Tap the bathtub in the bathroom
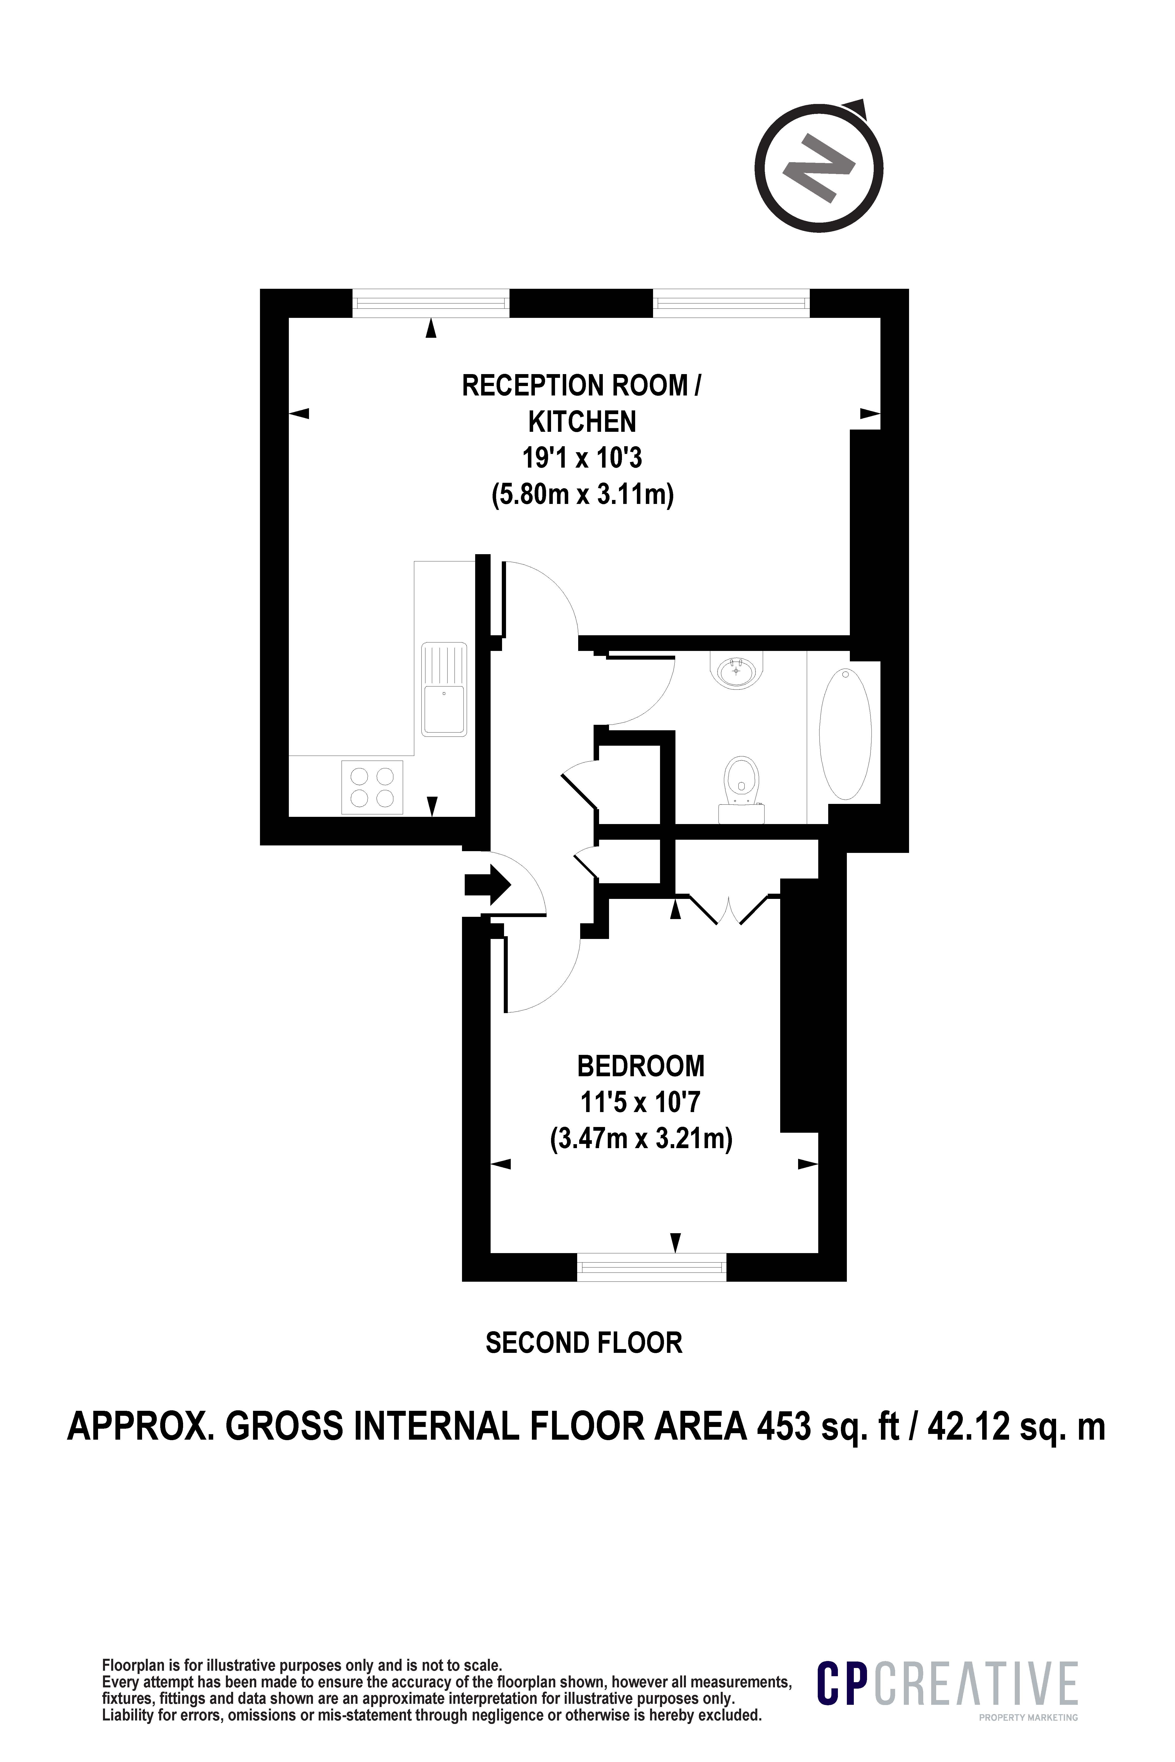(x=845, y=733)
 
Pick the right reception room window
(x=731, y=303)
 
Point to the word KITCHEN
(x=582, y=423)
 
